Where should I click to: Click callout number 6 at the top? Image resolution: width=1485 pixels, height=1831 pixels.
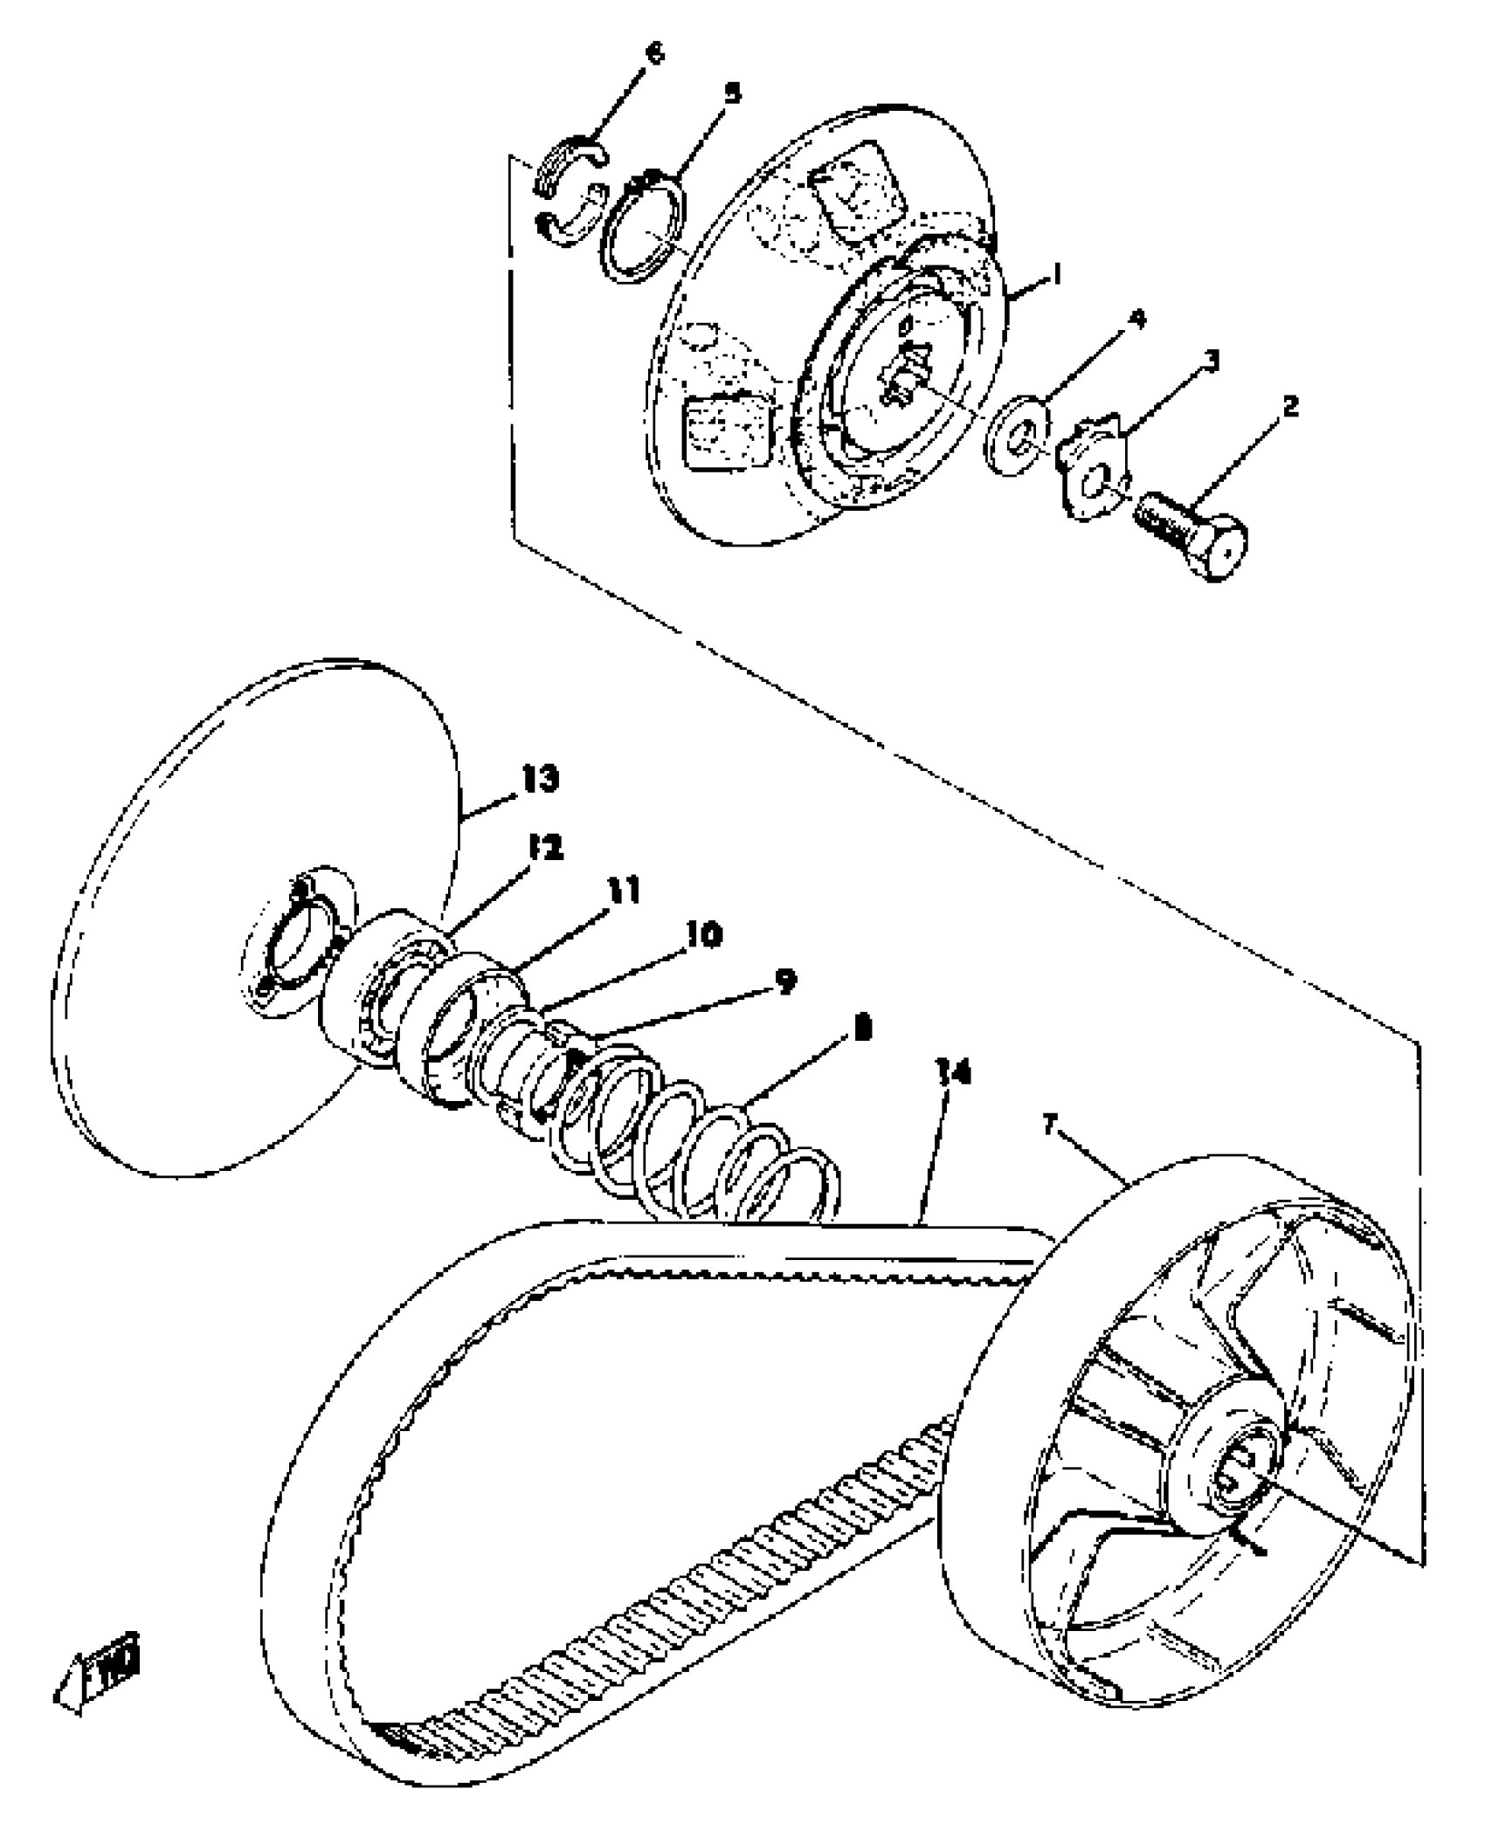(653, 53)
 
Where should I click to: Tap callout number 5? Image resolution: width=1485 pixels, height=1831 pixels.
(732, 93)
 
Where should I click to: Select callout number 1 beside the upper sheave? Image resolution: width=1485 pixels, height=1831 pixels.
(1056, 276)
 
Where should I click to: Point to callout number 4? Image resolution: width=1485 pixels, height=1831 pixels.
(1136, 320)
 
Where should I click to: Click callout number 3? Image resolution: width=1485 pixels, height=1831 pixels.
(1212, 361)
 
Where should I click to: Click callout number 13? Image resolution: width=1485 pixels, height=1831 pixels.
(541, 779)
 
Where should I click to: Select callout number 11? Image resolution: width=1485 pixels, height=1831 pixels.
(623, 891)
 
